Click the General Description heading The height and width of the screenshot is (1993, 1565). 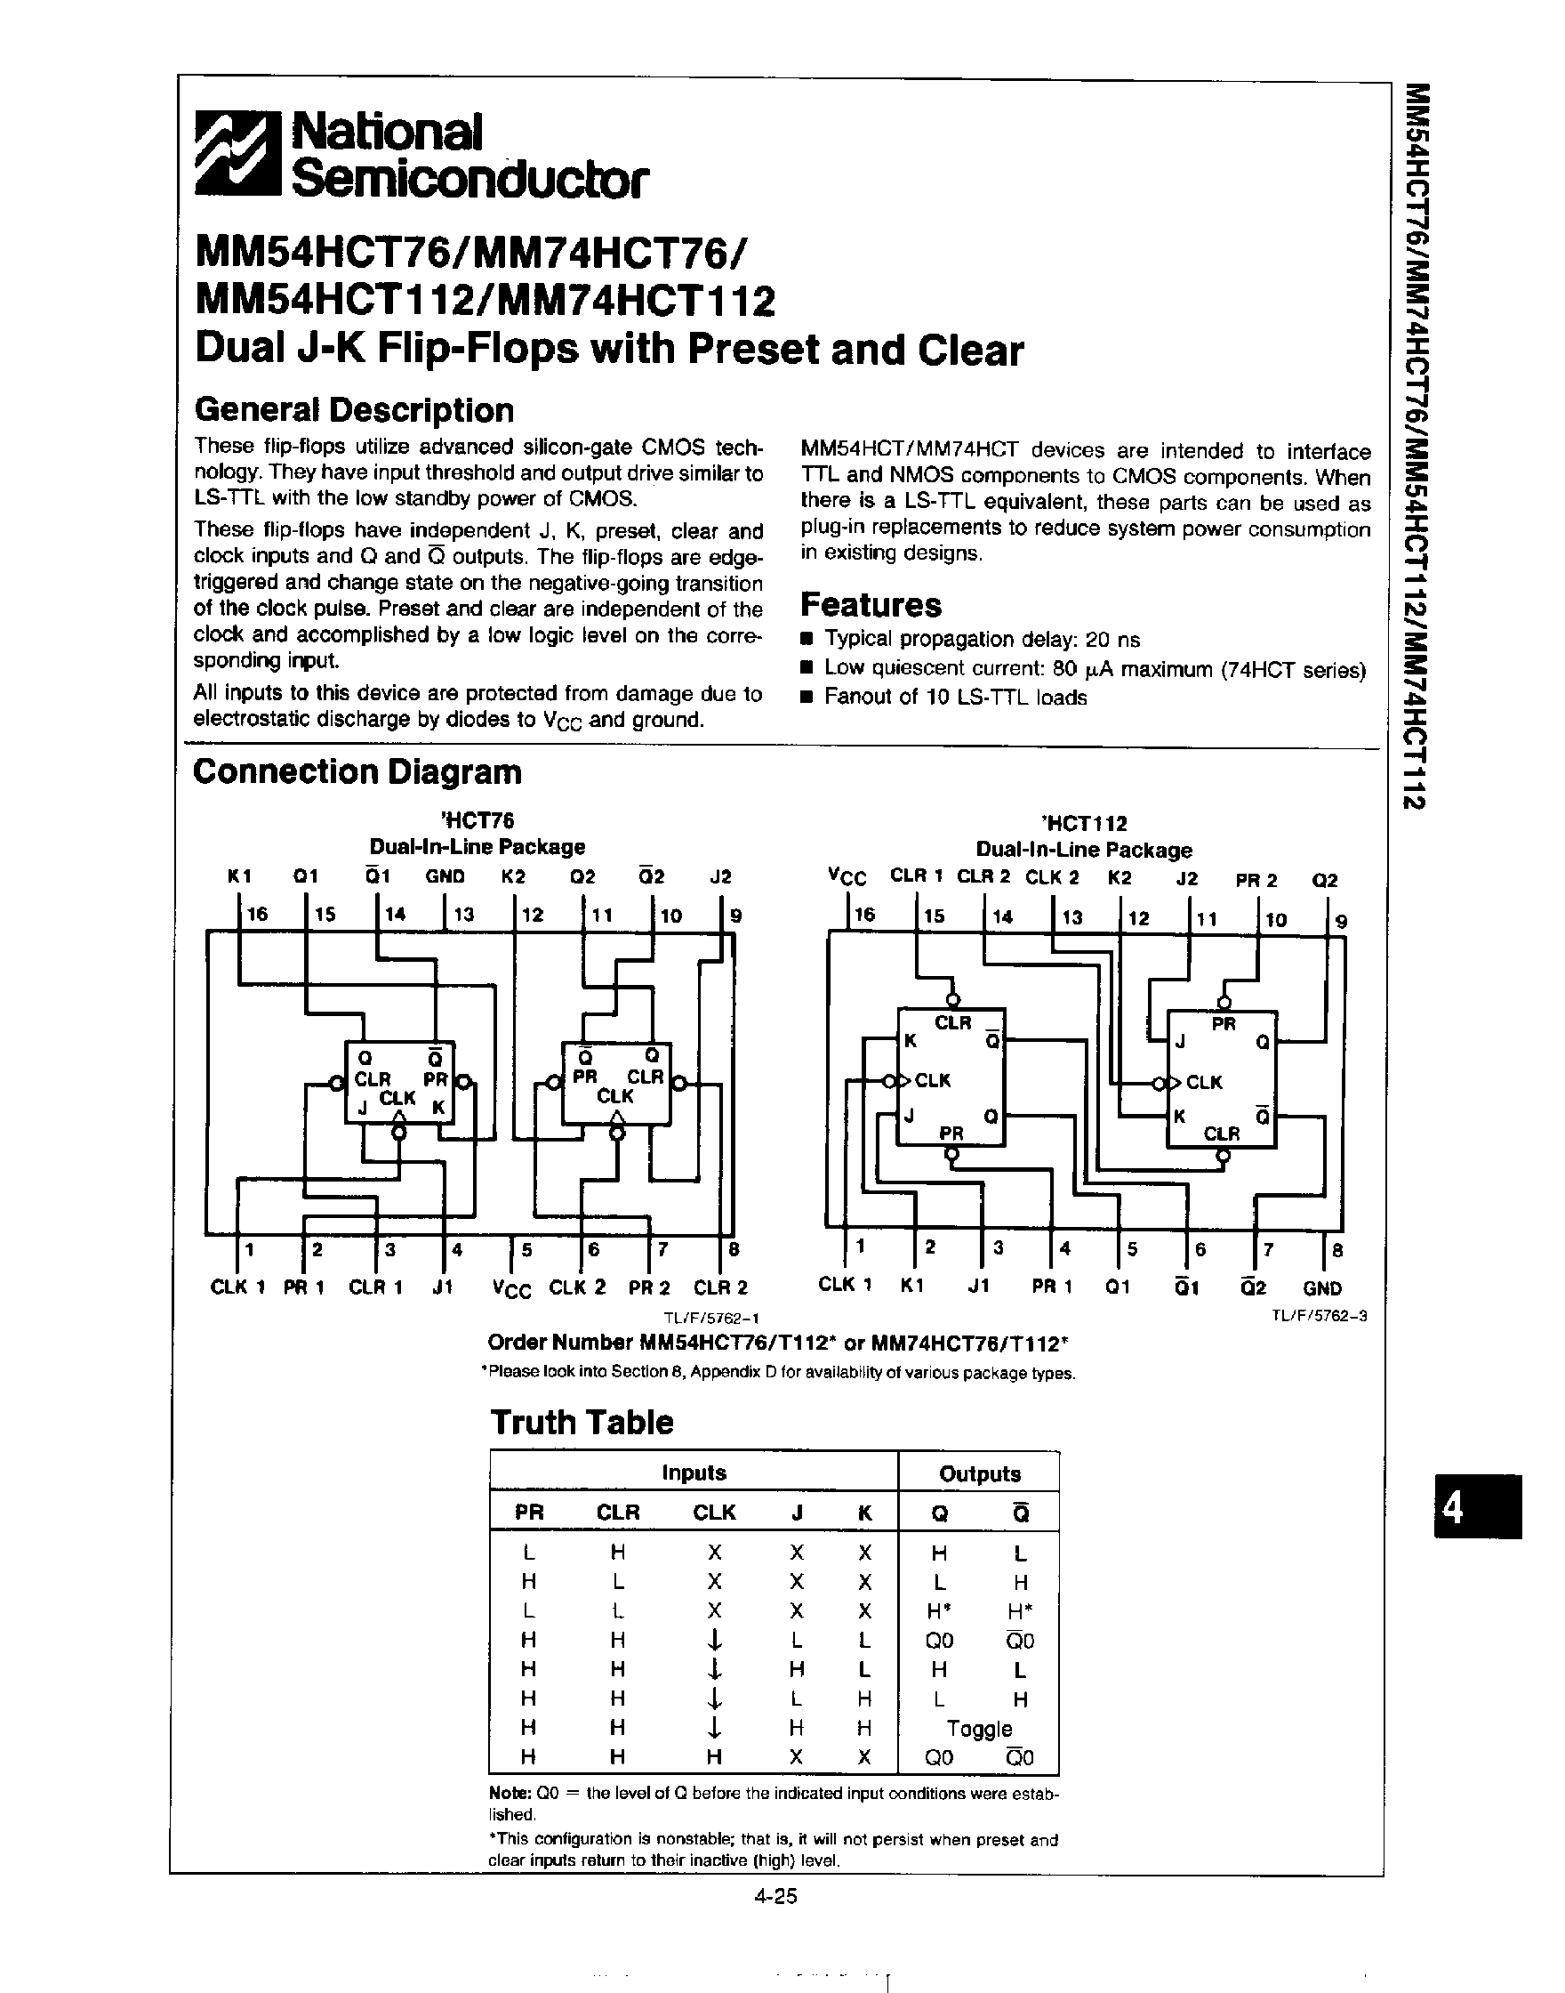[354, 410]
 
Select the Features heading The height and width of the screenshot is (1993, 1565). [871, 605]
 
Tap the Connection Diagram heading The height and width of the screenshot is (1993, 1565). [357, 772]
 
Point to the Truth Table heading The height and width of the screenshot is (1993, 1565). [582, 1422]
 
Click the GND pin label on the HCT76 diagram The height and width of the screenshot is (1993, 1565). [445, 876]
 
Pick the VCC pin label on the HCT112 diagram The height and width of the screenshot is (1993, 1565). [847, 878]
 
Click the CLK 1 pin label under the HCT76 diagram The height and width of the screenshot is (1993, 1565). [238, 1287]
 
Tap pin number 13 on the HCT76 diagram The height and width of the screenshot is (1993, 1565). [463, 914]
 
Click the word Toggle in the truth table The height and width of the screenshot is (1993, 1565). [980, 1728]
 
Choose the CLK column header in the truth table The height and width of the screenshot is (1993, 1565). [714, 1513]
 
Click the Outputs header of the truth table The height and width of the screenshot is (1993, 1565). [980, 1474]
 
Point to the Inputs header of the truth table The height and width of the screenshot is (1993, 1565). [694, 1473]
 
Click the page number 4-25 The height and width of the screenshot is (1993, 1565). [776, 1896]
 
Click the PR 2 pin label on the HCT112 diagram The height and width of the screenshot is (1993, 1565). [1256, 880]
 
